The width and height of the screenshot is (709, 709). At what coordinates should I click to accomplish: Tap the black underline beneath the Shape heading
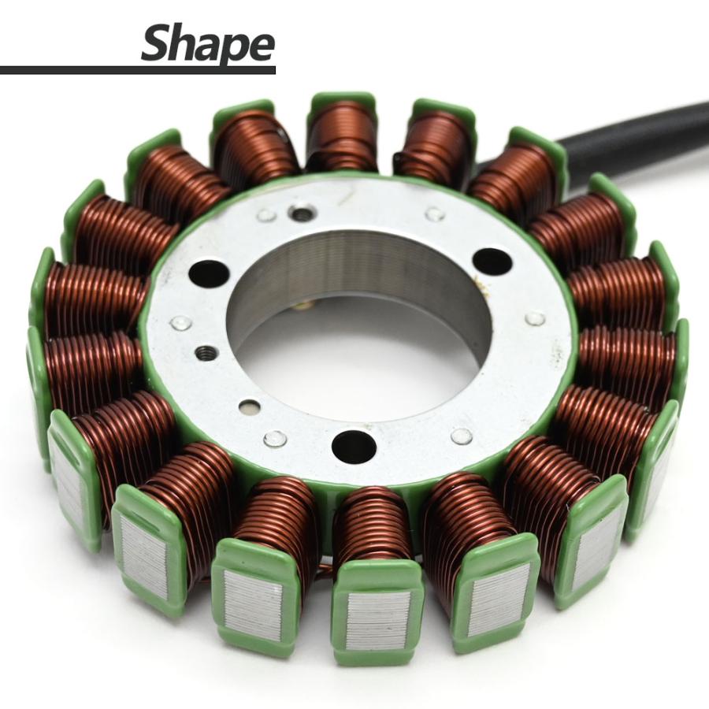(x=137, y=70)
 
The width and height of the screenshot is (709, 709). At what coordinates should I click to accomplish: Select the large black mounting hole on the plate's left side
(x=209, y=276)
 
